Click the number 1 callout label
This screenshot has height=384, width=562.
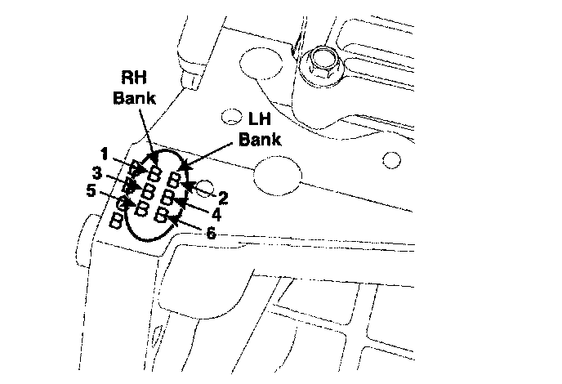click(105, 153)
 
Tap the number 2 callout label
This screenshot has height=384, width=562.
click(222, 196)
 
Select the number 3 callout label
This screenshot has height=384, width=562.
click(96, 173)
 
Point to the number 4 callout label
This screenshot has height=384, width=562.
click(216, 215)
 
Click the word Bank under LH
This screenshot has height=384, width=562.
click(260, 139)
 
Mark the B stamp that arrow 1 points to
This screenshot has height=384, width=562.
click(154, 172)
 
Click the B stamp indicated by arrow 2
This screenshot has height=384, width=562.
click(174, 180)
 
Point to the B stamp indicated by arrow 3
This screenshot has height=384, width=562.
click(148, 190)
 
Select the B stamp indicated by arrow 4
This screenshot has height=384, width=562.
click(167, 197)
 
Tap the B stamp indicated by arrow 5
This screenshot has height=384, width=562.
click(142, 208)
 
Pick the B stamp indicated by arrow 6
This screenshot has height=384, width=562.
click(163, 215)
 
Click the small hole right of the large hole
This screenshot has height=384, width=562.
click(391, 158)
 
